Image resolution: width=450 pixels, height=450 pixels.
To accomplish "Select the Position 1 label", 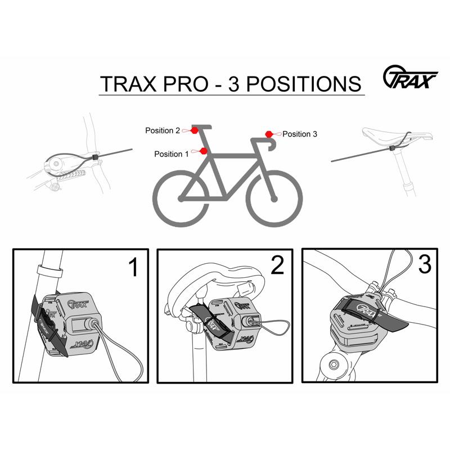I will tap(172, 154).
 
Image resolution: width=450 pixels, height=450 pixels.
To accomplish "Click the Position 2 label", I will tap(163, 130).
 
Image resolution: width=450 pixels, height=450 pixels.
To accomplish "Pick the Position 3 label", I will tap(300, 134).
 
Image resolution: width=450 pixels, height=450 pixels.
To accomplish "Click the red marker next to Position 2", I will tap(194, 130).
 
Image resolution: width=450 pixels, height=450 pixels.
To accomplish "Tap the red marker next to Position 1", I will tap(203, 151).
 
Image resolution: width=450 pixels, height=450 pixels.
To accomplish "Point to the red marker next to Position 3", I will tap(269, 134).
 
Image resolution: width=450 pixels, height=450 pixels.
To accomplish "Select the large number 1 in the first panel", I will tap(133, 268).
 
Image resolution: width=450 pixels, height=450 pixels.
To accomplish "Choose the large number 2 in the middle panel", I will tap(277, 266).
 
